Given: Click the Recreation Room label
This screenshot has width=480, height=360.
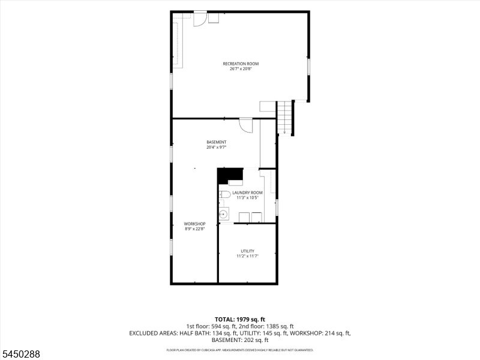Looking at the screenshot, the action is tap(241, 64).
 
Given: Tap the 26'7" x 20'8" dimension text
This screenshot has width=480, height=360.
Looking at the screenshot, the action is tap(241, 69).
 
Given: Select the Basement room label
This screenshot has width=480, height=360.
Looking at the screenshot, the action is tap(217, 142).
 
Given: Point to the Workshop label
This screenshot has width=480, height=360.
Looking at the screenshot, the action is tap(194, 224).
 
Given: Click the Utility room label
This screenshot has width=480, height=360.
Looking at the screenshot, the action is tap(247, 251).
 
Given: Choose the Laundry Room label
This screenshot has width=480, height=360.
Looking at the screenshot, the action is tap(247, 193).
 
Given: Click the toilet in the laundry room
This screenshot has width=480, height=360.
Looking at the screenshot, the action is tap(224, 194).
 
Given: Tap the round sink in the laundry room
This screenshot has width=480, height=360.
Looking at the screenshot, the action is tap(224, 214).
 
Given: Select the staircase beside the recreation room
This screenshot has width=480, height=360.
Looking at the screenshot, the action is tap(284, 117).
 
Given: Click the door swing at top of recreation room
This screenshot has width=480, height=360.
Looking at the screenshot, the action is tap(200, 19).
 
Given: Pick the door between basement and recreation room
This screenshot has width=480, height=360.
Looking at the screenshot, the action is tap(246, 125).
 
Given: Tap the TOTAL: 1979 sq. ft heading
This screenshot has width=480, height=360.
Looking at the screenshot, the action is tap(239, 320).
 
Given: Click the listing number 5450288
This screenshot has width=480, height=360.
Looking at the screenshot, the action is tap(20, 354).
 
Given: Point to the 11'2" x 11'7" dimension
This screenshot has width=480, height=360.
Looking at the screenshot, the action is tap(247, 256).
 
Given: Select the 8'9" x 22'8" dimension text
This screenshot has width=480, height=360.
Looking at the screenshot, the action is tap(194, 229).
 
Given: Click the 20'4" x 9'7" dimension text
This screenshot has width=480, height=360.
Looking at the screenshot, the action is tap(217, 147).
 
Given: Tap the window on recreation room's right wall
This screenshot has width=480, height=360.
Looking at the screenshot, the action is tap(309, 67).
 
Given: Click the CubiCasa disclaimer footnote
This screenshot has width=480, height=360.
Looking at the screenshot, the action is tap(239, 350).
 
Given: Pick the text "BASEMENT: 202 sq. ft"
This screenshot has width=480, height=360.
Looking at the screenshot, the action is tap(240, 340).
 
